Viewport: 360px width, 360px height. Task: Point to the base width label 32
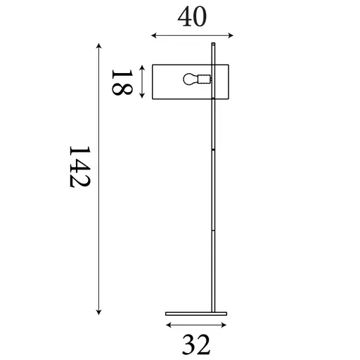click(196, 345)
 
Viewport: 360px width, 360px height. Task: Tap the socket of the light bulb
click(205, 79)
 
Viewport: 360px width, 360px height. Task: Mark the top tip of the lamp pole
click(212, 44)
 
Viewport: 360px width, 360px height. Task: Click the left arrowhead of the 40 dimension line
click(153, 35)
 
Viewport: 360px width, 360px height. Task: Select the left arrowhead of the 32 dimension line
click(167, 325)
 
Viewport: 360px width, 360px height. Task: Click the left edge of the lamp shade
click(152, 81)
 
